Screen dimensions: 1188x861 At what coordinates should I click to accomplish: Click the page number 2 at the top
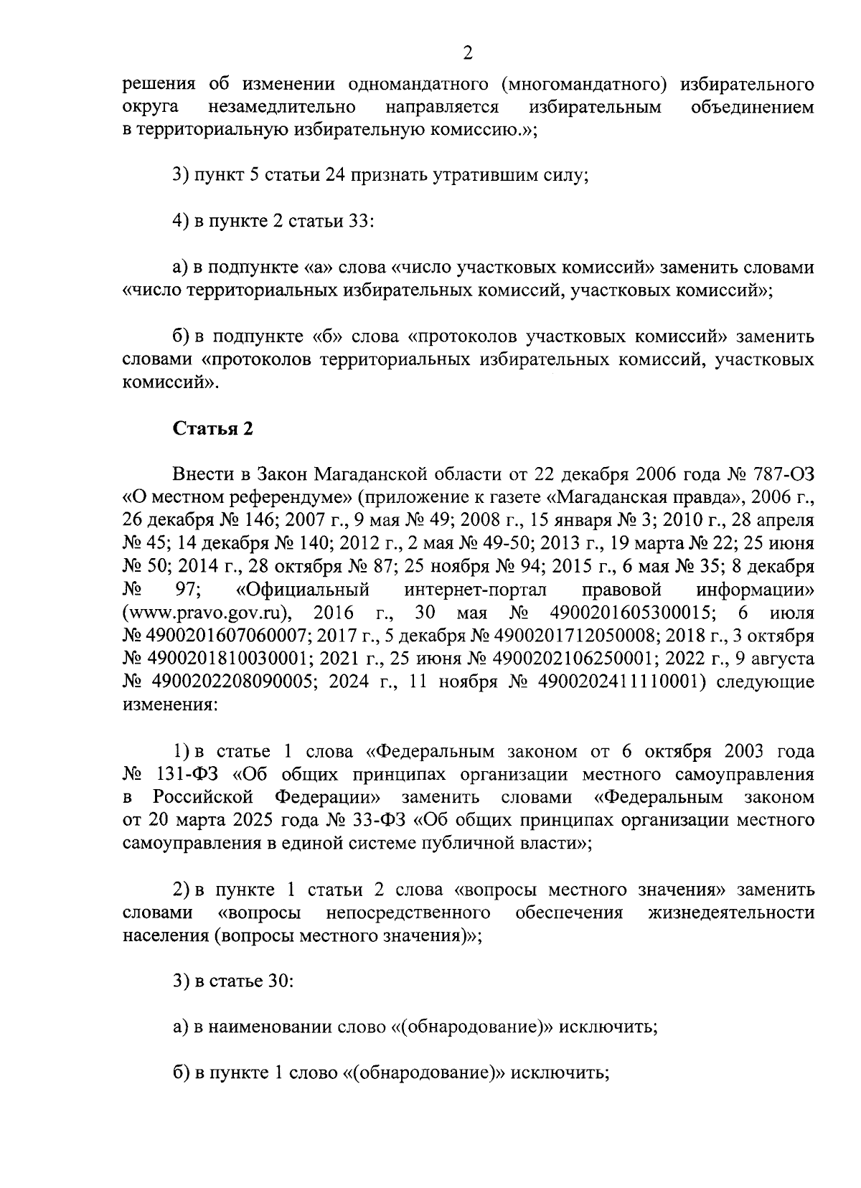tap(468, 53)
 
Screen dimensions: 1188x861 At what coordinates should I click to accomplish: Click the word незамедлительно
tap(282, 108)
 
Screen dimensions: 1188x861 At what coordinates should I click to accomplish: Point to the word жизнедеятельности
tap(731, 913)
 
